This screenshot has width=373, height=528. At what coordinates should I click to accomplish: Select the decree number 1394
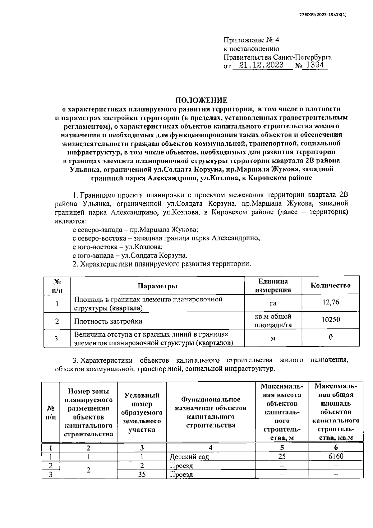[315, 65]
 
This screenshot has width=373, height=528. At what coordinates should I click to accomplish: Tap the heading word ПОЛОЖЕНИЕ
[201, 100]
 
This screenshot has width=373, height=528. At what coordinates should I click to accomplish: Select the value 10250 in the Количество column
[330, 320]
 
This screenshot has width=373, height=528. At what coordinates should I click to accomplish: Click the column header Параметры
[158, 286]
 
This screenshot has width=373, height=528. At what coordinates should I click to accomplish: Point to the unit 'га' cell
[273, 303]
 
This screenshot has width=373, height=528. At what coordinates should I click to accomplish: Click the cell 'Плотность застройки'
[108, 321]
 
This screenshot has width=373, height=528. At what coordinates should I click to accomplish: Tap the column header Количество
[330, 285]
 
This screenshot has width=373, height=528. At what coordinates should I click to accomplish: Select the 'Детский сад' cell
[189, 457]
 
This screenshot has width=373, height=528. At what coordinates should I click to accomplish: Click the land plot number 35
[142, 475]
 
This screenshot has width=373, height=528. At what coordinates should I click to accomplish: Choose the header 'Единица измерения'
[273, 286]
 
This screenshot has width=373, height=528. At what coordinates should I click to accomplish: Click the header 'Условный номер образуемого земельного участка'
[142, 412]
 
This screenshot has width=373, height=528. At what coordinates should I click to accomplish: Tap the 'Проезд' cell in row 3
[181, 475]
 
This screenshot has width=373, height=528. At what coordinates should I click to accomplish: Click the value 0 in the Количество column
[330, 337]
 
